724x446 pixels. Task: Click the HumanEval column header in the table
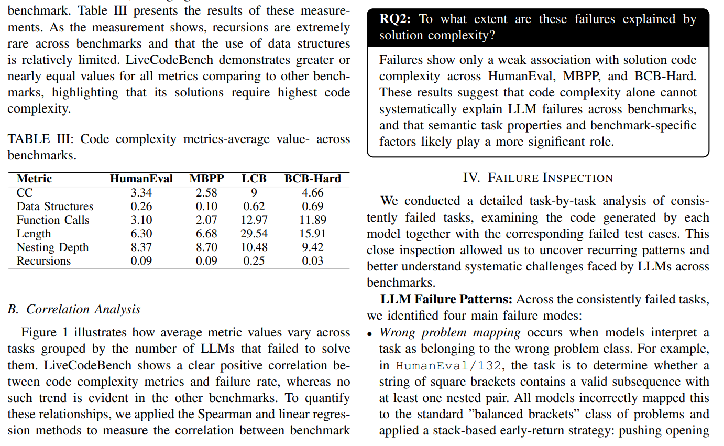click(x=141, y=179)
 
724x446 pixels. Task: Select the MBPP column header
click(x=206, y=179)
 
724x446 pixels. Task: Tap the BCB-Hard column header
click(x=312, y=179)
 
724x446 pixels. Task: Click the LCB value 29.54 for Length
click(x=254, y=234)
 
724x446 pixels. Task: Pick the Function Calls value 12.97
click(x=254, y=220)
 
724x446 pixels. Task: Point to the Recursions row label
click(x=43, y=261)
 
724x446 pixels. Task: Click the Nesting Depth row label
click(x=52, y=247)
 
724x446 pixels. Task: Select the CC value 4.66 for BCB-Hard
click(x=312, y=193)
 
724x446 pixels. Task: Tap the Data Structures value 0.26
click(x=141, y=206)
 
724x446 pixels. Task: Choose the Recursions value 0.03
click(x=312, y=261)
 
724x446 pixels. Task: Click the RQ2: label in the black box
click(x=396, y=19)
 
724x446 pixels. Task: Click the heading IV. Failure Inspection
click(x=537, y=178)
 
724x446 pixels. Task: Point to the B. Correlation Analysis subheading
click(x=74, y=309)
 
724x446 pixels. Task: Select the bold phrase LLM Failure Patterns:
click(x=446, y=299)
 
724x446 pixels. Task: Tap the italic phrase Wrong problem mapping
click(x=450, y=332)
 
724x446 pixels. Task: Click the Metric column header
click(x=34, y=179)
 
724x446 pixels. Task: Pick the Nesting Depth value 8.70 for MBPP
click(x=206, y=247)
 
